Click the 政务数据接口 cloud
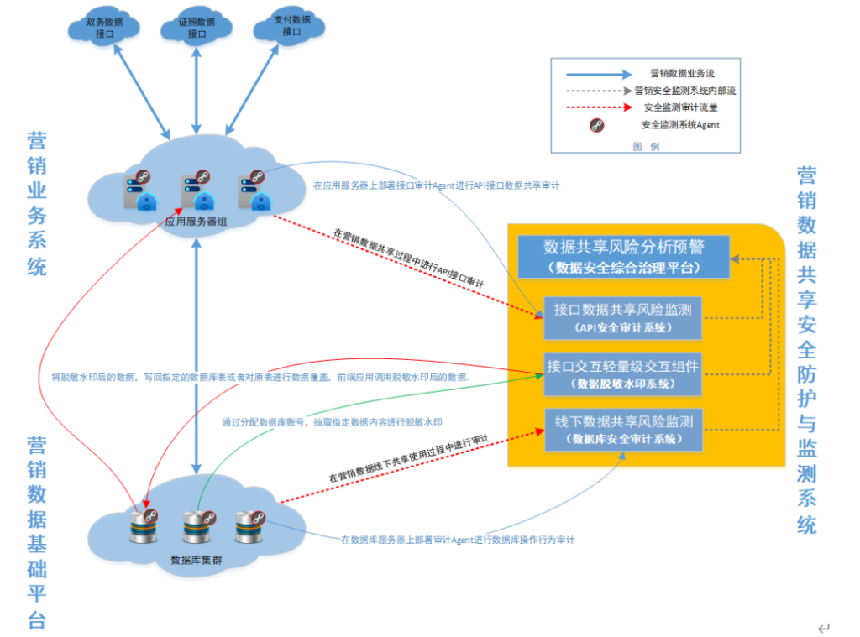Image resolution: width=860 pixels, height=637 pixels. point(104,28)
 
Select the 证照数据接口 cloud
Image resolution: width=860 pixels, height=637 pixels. point(197,28)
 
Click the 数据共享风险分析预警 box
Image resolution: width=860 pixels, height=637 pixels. point(623,256)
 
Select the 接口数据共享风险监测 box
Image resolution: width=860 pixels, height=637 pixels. point(622,317)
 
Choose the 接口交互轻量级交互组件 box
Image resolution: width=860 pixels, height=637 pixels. point(622,373)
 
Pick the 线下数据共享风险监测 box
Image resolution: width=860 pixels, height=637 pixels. point(622,430)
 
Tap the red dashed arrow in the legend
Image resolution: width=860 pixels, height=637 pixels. point(599,107)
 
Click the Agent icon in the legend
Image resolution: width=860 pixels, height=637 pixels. point(597,125)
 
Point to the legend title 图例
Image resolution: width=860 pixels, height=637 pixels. point(646,145)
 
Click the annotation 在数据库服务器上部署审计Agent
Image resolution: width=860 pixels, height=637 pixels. point(458,540)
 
